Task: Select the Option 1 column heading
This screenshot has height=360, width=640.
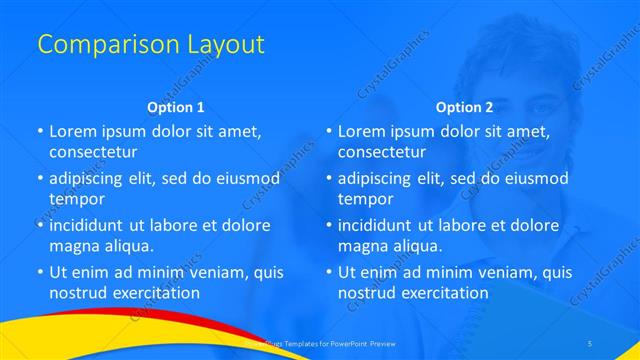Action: pos(176,107)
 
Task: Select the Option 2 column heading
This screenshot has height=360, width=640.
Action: pos(464,107)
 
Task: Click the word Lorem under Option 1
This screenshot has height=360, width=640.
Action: pos(72,131)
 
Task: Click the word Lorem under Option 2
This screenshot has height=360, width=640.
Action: pos(361,131)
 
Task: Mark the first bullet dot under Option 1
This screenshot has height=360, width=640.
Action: pos(40,132)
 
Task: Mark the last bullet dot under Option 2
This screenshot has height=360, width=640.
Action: pos(329,272)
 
